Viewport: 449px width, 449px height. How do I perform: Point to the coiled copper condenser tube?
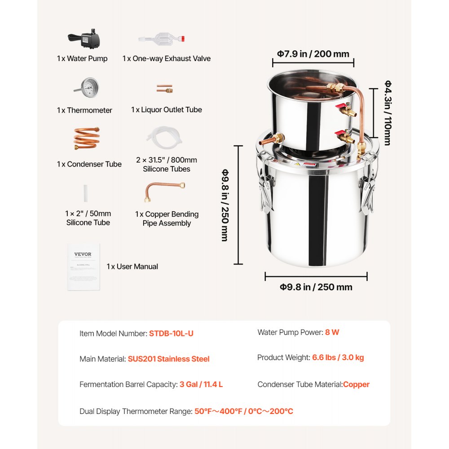(86, 139)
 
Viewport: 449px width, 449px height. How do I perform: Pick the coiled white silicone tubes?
(164, 136)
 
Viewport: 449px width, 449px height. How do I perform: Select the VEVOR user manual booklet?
(83, 267)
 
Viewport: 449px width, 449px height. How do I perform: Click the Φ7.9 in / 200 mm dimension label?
(313, 54)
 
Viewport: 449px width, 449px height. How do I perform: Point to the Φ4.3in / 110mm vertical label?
(387, 112)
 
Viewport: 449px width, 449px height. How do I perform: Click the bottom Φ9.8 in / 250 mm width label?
(316, 287)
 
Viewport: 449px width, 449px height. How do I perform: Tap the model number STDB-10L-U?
(172, 334)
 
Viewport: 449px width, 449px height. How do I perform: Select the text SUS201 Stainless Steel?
(169, 359)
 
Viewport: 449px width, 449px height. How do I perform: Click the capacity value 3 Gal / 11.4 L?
(201, 384)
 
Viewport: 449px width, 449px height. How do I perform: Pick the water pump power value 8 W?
(332, 332)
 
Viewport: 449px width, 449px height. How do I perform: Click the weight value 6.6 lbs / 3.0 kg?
(337, 358)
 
